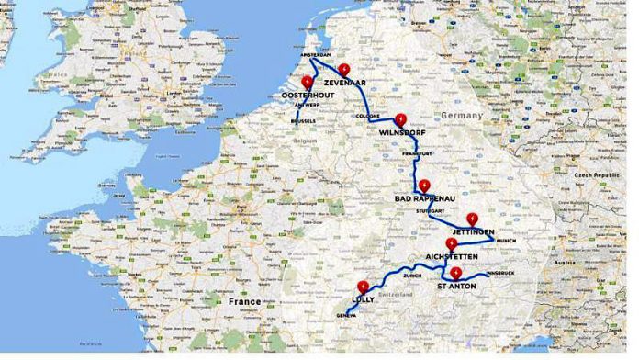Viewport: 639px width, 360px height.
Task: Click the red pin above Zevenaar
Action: point(343,69)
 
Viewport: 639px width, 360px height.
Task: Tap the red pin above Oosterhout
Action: point(307,81)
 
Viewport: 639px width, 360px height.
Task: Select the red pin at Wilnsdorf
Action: point(400,119)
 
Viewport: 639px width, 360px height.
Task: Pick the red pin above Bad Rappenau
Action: point(423,185)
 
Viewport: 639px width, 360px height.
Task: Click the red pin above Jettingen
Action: point(472,219)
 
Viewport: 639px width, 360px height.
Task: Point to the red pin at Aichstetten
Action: point(450,244)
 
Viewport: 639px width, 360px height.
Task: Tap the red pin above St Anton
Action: point(455,273)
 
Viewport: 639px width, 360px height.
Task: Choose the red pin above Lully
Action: point(364,286)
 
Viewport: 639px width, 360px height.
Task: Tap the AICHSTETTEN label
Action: point(452,257)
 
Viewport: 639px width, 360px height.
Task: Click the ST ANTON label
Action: point(456,287)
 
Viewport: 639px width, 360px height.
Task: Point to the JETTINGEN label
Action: point(474,231)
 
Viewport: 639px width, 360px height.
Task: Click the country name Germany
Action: point(461,116)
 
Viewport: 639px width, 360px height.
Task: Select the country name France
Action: point(245,301)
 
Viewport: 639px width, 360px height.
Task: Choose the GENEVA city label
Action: point(345,315)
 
